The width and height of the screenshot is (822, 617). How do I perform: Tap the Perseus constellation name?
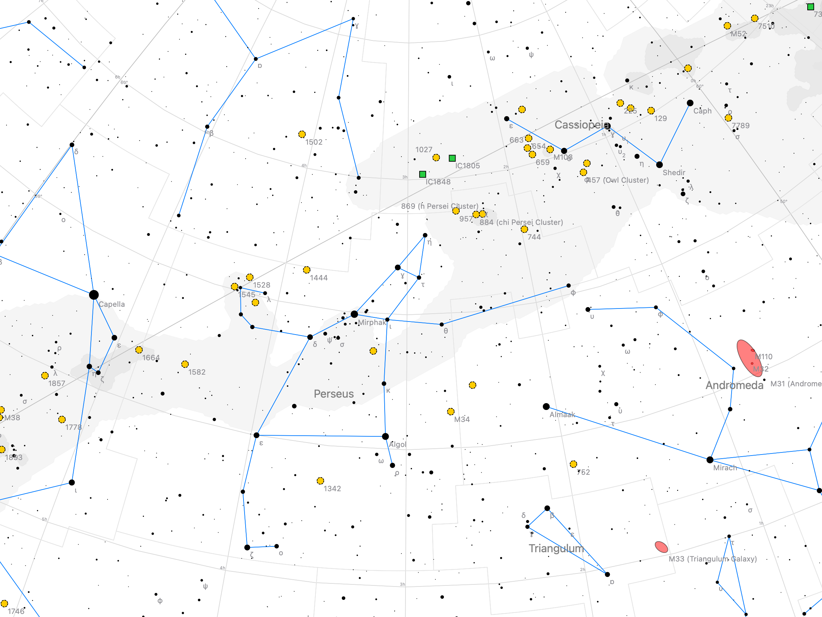pos(333,394)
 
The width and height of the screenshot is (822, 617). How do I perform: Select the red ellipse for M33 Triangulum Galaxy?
pos(661,547)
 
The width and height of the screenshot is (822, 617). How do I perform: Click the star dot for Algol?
pos(385,436)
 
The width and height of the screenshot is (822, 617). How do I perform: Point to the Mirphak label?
pos(372,323)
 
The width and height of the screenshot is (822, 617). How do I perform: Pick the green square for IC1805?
pos(452,158)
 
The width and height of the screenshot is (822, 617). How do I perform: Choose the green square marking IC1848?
pos(423,174)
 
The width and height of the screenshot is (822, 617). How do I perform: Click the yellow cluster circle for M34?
pos(451,411)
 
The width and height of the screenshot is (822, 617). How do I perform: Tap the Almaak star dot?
pos(546,407)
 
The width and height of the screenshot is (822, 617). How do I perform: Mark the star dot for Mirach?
pos(710,460)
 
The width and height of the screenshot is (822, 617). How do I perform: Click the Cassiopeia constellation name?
pos(582,125)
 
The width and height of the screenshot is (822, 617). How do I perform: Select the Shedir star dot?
pos(659,165)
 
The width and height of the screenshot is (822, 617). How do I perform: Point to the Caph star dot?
pos(690,103)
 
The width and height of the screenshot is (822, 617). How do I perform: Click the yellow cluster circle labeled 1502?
pos(302,134)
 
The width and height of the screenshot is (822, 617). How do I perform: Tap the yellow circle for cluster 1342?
pos(320,481)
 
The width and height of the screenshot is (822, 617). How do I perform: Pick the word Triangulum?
pos(556,548)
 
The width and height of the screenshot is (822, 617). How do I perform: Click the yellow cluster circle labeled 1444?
pos(307,270)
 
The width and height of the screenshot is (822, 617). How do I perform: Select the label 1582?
pos(197,372)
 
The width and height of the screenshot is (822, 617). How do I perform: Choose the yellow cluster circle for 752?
pos(573,464)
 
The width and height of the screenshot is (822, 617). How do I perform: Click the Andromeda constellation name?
pos(734,385)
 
